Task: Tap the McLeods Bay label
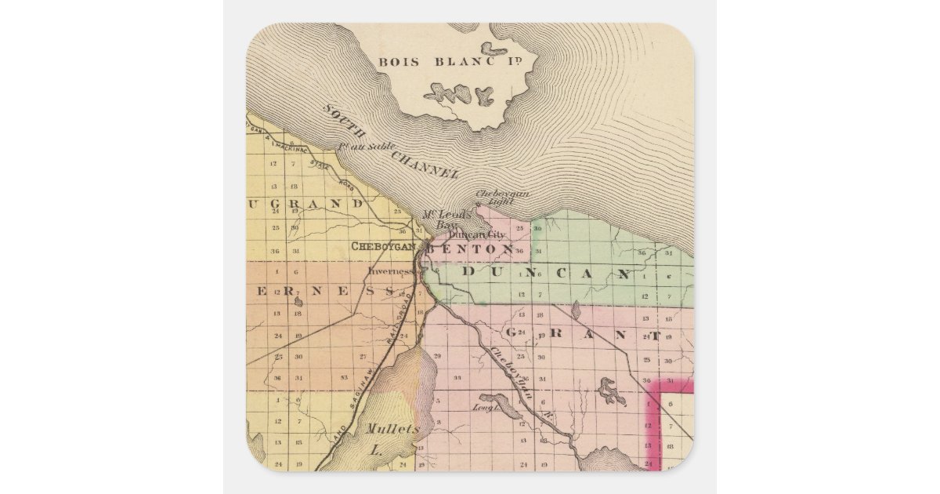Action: [441, 220]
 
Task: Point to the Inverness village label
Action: [391, 271]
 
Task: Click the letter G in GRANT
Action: [512, 332]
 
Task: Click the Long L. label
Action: [486, 407]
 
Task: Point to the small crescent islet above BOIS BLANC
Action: [494, 49]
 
